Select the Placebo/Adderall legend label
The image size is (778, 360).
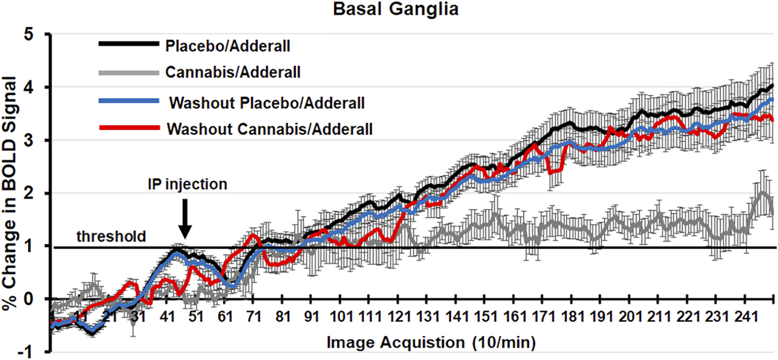pos(228,47)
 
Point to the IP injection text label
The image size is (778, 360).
pos(188,184)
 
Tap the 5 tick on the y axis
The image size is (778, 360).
pos(38,34)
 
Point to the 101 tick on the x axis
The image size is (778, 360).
pos(341,317)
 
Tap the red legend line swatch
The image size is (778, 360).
pos(129,128)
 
